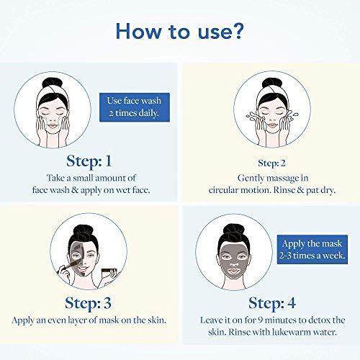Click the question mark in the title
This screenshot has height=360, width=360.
click(x=237, y=31)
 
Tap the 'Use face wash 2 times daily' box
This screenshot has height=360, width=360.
click(x=135, y=107)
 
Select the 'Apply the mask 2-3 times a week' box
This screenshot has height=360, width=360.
click(x=312, y=249)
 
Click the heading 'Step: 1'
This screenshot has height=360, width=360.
click(x=89, y=161)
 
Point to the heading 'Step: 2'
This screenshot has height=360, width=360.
click(x=271, y=163)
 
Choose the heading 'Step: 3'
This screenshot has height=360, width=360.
click(x=89, y=303)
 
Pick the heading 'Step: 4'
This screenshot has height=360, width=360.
click(x=272, y=303)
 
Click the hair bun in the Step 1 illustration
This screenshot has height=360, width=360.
click(x=52, y=83)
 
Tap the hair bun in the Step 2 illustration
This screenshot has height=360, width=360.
click(x=272, y=83)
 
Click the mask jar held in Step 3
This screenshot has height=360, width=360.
click(x=109, y=273)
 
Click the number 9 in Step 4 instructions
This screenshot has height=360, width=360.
click(x=261, y=320)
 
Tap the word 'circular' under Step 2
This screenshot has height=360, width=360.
click(x=223, y=190)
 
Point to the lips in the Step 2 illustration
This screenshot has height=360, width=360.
click(x=272, y=125)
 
